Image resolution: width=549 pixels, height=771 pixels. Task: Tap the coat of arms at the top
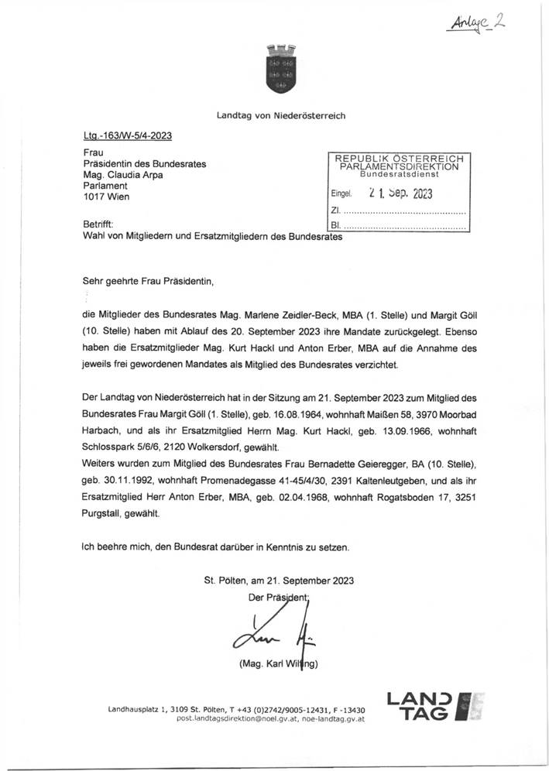tap(276, 65)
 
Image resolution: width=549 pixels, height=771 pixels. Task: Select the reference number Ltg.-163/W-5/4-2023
tap(127, 135)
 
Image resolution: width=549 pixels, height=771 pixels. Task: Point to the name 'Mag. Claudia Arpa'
tap(123, 175)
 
